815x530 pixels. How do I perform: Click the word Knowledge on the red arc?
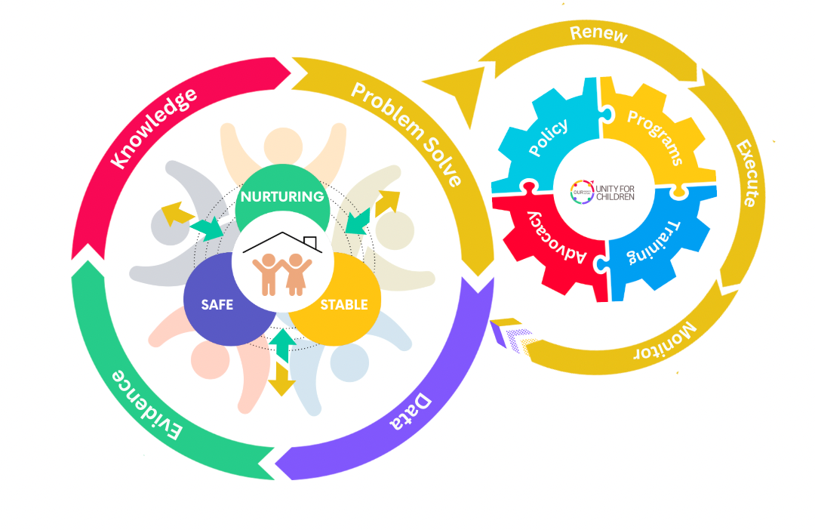coord(154,128)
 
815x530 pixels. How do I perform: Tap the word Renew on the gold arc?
coord(598,34)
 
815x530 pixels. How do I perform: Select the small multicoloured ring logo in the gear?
coord(581,191)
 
